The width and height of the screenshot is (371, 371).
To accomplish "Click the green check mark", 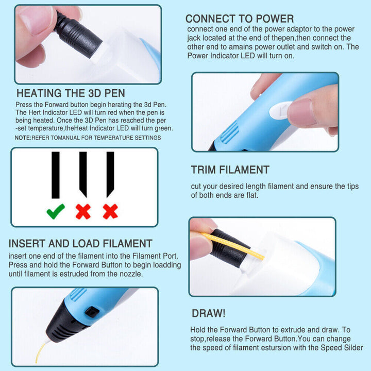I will [x=55, y=210].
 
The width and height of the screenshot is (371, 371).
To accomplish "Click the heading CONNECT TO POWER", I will [x=240, y=19].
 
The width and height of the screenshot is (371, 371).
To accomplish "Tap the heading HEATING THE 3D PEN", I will [x=71, y=93].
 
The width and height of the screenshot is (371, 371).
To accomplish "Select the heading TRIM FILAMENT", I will [x=230, y=170].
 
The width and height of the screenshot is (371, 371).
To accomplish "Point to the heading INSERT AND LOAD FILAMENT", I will [x=80, y=244].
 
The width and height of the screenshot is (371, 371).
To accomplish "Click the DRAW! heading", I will [x=208, y=313].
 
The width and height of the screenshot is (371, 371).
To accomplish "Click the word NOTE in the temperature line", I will [x=22, y=138].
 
